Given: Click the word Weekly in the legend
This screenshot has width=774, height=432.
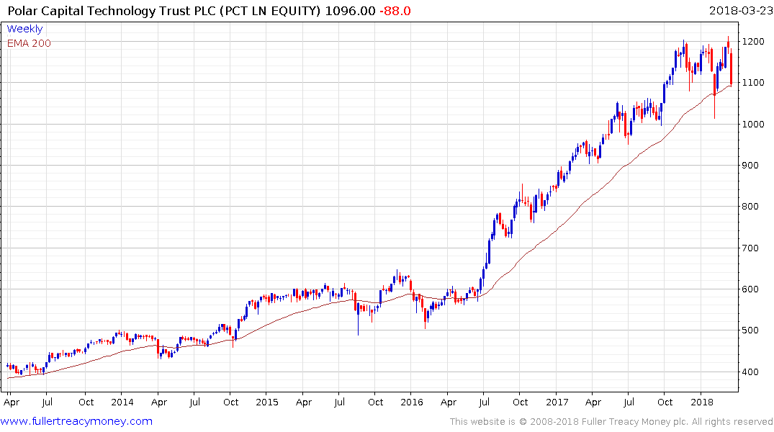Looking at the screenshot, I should [24, 29].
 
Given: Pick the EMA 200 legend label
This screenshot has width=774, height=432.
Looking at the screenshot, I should [29, 42].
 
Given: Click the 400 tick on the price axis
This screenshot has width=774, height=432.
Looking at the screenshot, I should [752, 372].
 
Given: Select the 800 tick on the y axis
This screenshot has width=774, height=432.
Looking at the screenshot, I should [752, 207].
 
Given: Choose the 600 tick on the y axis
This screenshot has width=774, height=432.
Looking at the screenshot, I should [752, 289].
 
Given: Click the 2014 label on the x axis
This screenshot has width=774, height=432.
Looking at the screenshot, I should [122, 402].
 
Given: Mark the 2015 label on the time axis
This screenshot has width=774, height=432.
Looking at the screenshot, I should [267, 402].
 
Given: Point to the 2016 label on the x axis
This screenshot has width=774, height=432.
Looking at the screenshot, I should [411, 402].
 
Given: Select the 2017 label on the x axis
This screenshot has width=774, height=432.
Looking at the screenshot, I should [557, 402].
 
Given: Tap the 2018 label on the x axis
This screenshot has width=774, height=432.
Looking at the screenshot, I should [701, 402].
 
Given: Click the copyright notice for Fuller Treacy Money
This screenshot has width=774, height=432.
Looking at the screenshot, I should [611, 422].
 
